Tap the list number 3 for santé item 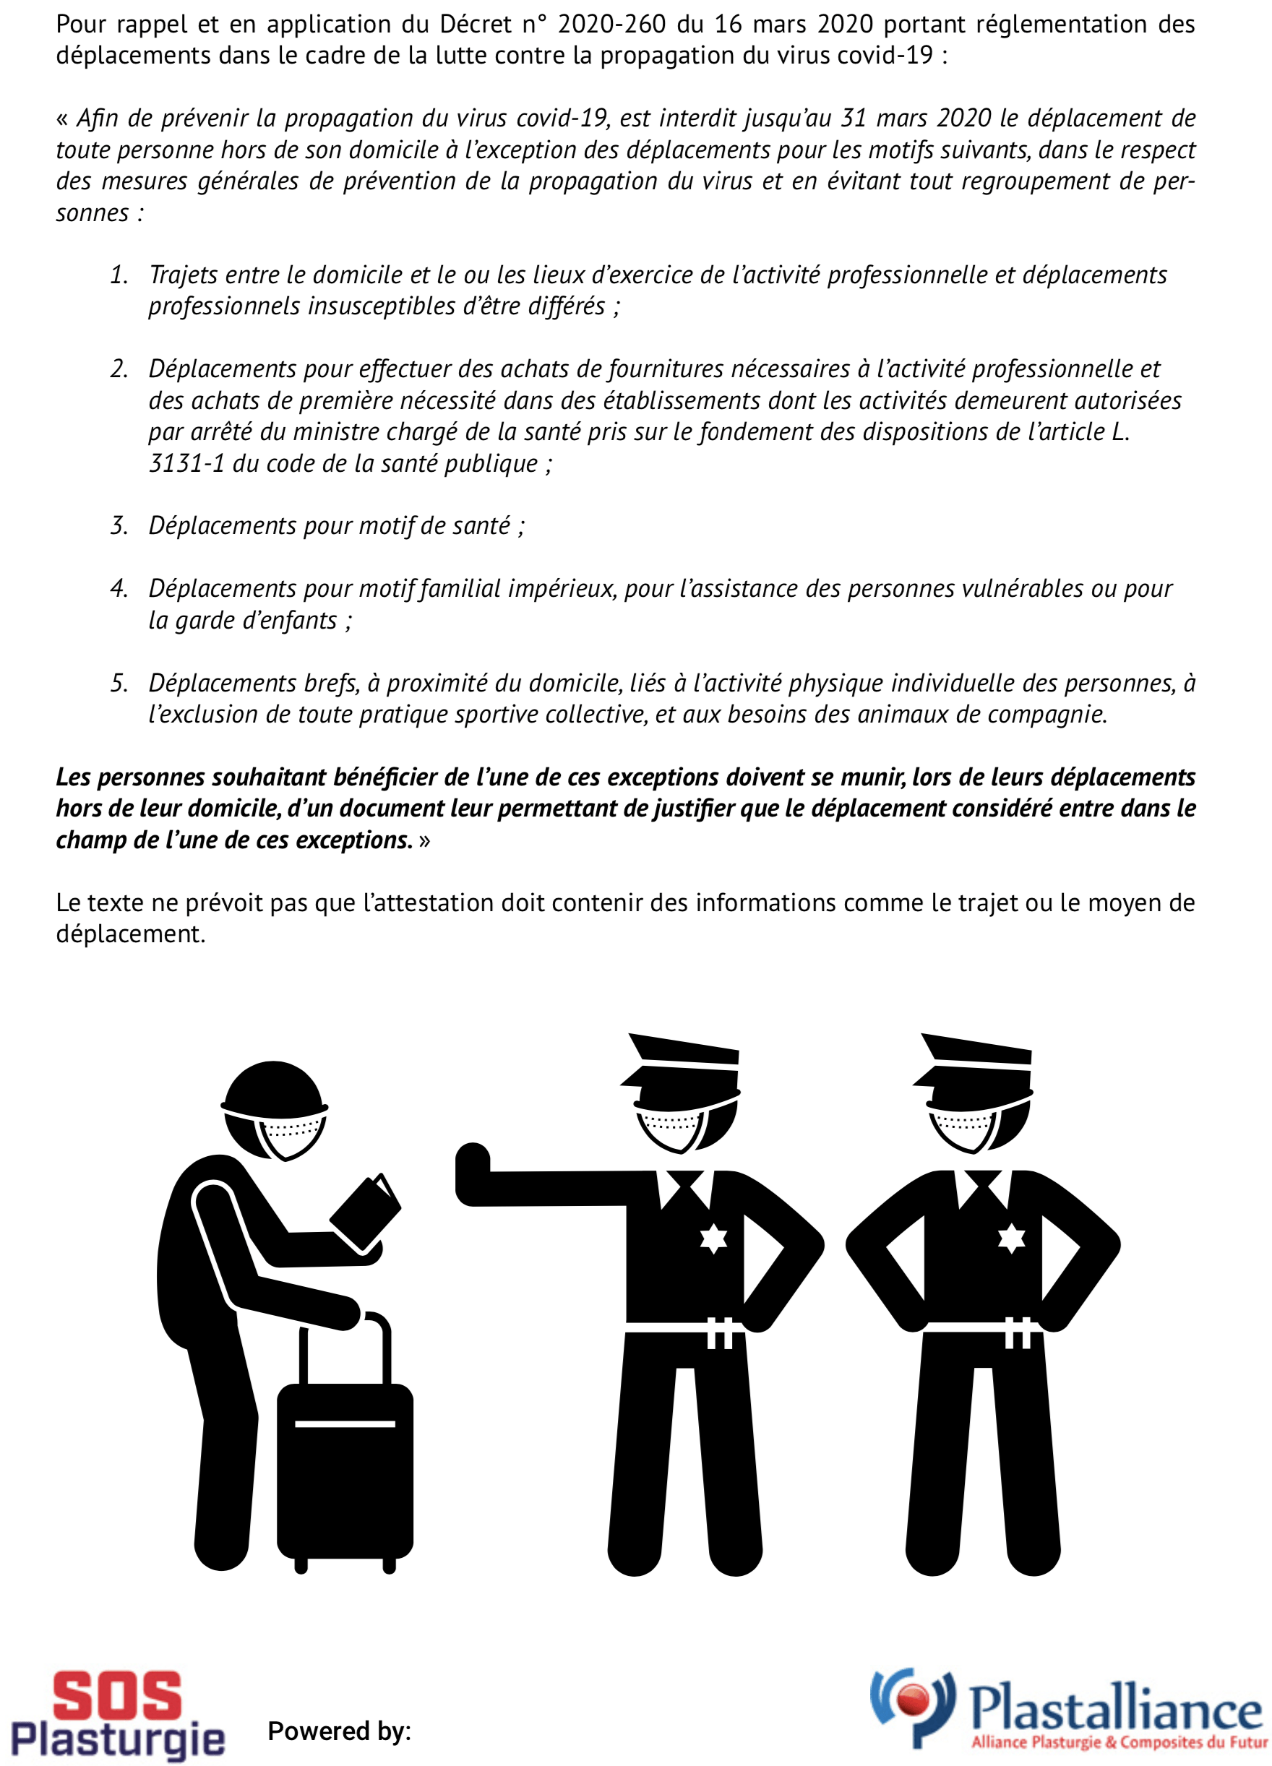[x=119, y=525]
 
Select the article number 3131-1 [x=186, y=463]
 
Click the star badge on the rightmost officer [x=1011, y=1238]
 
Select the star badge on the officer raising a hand [x=713, y=1238]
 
